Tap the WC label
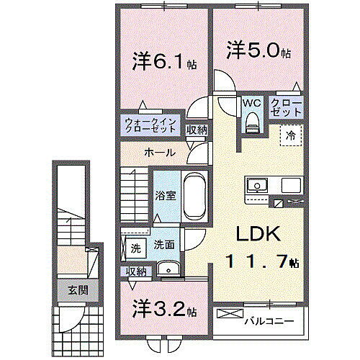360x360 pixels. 251,104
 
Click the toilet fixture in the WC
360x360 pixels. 251,124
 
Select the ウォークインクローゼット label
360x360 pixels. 150,125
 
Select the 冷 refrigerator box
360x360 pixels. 291,135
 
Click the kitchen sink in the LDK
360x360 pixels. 257,186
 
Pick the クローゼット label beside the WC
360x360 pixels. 286,108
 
